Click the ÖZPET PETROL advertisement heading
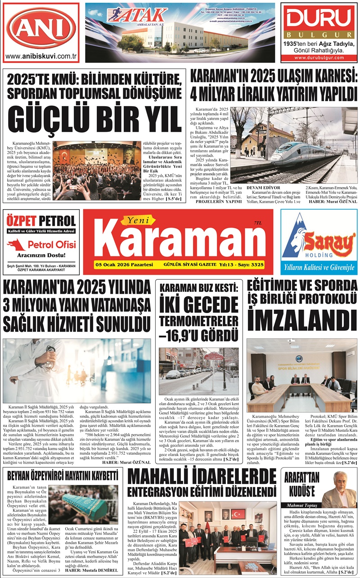(x=41, y=221)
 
